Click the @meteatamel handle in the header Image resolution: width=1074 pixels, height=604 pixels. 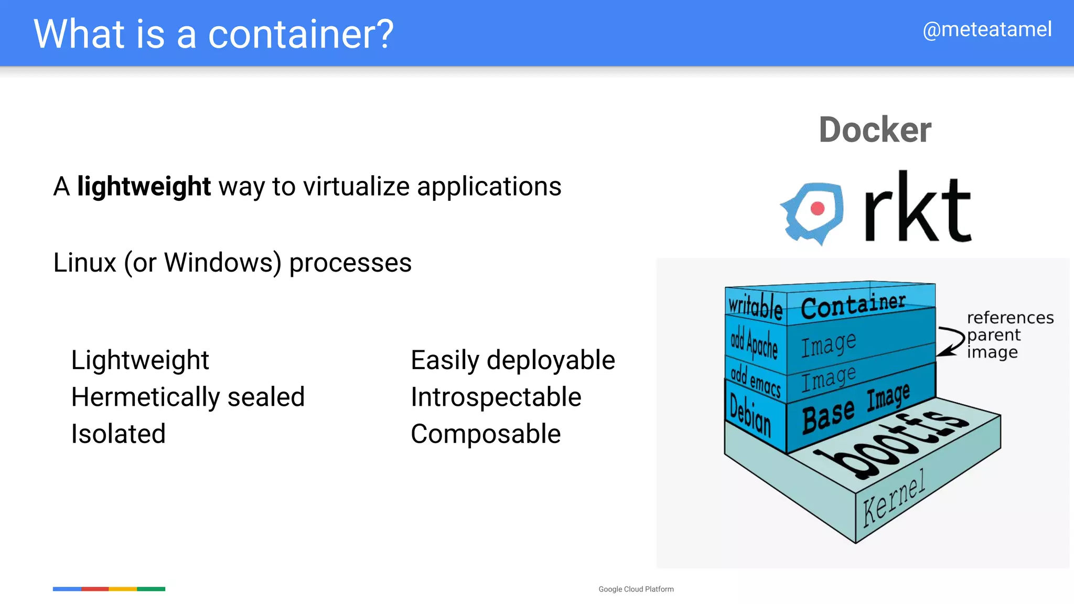click(987, 29)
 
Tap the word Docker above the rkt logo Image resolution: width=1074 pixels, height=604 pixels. click(875, 130)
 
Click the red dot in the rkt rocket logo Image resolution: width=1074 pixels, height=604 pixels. click(817, 209)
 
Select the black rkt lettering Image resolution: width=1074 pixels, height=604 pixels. click(918, 208)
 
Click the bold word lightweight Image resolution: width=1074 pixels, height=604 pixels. click(144, 187)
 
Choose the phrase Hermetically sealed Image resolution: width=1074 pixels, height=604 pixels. click(188, 397)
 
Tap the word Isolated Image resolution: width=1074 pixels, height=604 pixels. click(119, 434)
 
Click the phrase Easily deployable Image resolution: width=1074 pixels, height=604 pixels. click(512, 360)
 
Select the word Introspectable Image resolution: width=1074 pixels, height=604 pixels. click(496, 397)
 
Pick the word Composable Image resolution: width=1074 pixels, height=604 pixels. click(486, 434)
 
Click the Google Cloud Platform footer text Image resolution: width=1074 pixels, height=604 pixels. click(636, 589)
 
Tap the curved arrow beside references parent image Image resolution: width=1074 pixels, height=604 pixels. click(951, 341)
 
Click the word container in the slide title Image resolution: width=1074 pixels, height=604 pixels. click(300, 35)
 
